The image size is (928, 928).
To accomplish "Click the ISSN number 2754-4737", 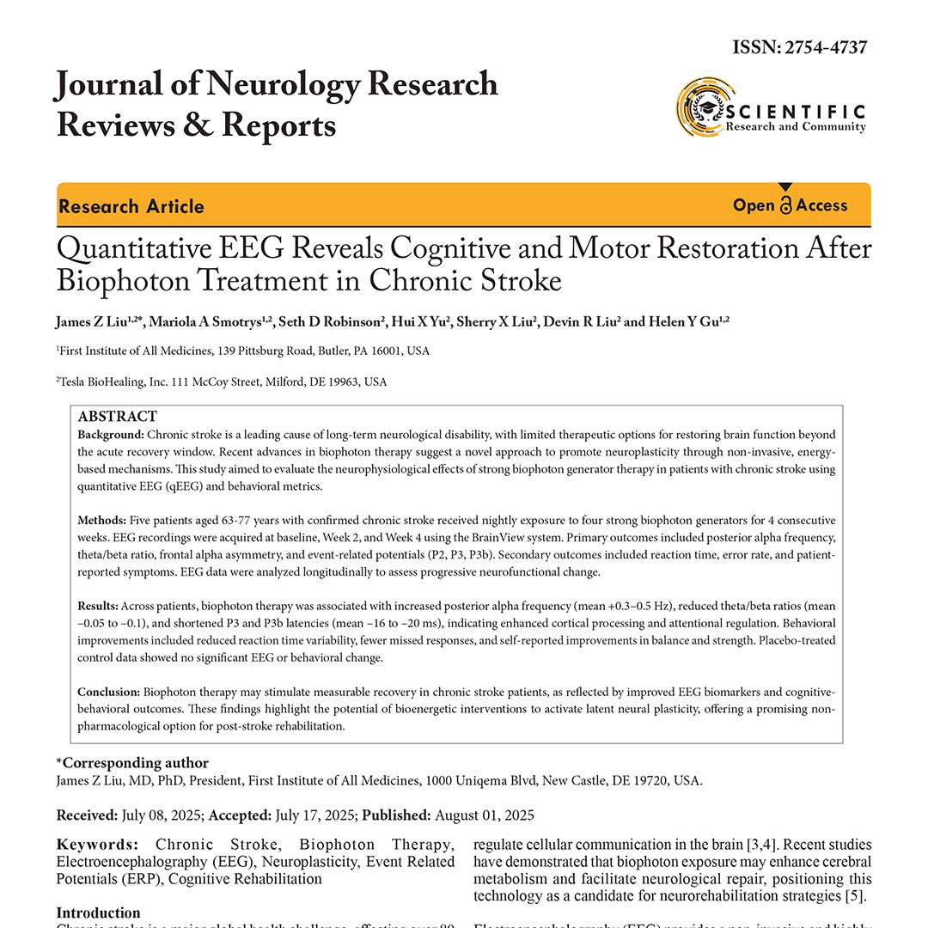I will click(x=824, y=47).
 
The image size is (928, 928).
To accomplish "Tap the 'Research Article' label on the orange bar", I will click(x=131, y=206).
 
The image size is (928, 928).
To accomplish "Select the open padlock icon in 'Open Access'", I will click(x=785, y=205).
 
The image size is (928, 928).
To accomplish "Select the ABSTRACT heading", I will click(x=117, y=417).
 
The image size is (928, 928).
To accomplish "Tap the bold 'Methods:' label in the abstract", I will click(x=102, y=521).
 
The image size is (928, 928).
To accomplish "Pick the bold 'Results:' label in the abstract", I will click(x=98, y=607).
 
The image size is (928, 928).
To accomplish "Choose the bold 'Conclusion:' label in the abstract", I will click(x=108, y=692).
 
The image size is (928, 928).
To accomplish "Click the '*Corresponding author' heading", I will click(x=132, y=763).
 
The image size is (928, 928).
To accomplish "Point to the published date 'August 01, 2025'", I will click(x=485, y=815).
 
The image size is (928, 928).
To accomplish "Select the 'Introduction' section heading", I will click(x=98, y=913).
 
